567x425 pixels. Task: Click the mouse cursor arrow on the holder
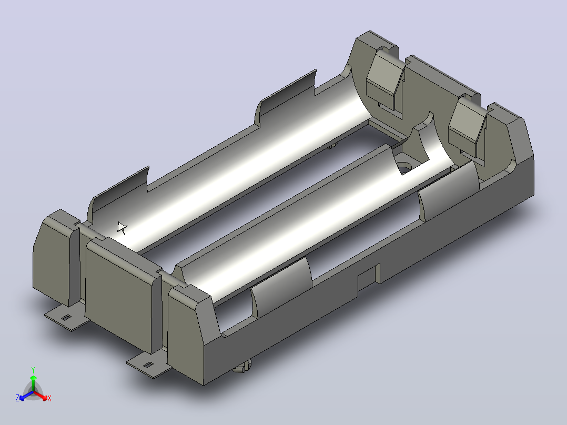point(122,228)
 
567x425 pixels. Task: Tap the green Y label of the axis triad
point(33,370)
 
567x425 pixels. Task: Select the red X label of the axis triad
point(49,398)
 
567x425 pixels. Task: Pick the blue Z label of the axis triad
point(17,398)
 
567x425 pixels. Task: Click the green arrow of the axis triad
point(33,383)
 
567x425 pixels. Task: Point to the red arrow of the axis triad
point(40,395)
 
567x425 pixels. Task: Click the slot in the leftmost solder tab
point(65,318)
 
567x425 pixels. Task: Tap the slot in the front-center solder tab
point(147,365)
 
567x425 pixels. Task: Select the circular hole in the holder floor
point(404,168)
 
